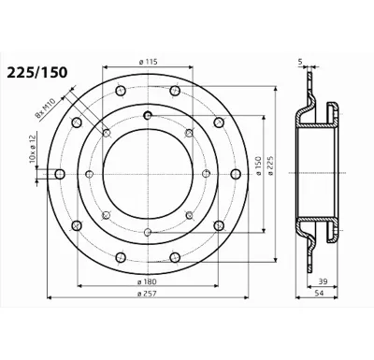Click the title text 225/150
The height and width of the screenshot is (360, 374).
37,73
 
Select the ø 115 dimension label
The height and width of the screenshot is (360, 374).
148,62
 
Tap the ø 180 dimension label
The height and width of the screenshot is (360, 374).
147,281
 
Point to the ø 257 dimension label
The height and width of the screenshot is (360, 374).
147,294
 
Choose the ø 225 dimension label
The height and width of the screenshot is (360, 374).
270,166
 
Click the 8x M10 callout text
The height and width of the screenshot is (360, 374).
45,108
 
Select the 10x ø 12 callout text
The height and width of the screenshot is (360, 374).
33,147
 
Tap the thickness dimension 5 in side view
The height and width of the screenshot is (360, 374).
300,62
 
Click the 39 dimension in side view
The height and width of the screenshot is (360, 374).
323,281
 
